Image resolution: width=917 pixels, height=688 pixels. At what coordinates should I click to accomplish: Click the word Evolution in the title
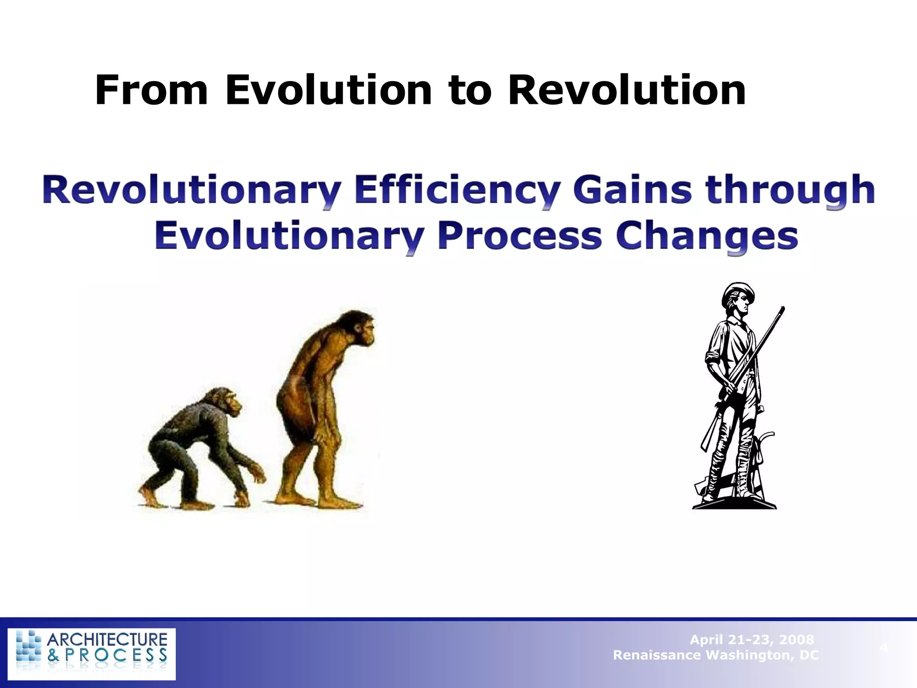(328, 90)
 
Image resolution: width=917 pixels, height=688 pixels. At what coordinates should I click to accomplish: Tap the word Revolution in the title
(627, 90)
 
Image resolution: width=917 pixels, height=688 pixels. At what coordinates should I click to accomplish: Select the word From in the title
(151, 90)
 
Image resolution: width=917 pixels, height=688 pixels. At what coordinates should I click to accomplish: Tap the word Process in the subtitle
(519, 236)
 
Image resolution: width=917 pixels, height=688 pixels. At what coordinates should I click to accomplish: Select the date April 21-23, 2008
(752, 640)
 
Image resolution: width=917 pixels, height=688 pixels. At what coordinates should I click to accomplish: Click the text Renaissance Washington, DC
(716, 655)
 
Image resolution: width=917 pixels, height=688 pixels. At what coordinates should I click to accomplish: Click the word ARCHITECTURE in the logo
(107, 640)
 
